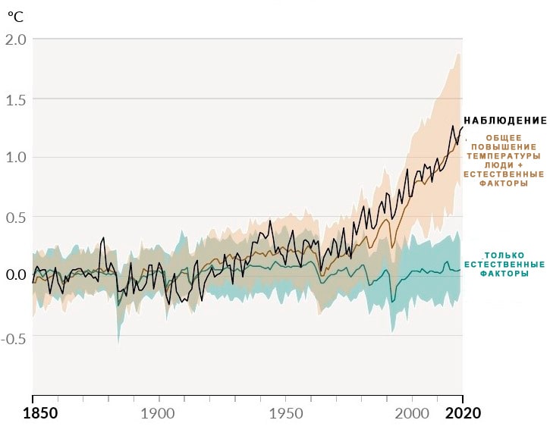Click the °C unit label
point(15,16)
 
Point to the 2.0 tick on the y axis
point(16,39)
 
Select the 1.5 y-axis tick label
point(16,100)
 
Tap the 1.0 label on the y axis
point(16,157)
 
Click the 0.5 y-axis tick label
point(16,218)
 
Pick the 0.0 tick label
point(16,274)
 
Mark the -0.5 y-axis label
point(14,339)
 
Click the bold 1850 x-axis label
point(40,414)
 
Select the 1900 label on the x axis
point(158,414)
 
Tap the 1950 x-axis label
point(286,414)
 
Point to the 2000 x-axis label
point(412,414)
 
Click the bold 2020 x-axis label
point(463,414)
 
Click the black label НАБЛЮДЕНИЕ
point(505,121)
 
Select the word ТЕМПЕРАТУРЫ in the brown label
point(504,156)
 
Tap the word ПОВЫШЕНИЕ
point(504,147)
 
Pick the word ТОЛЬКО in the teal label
point(504,255)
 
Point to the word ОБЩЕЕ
point(504,138)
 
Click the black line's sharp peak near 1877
point(103,237)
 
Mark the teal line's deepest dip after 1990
point(392,301)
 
